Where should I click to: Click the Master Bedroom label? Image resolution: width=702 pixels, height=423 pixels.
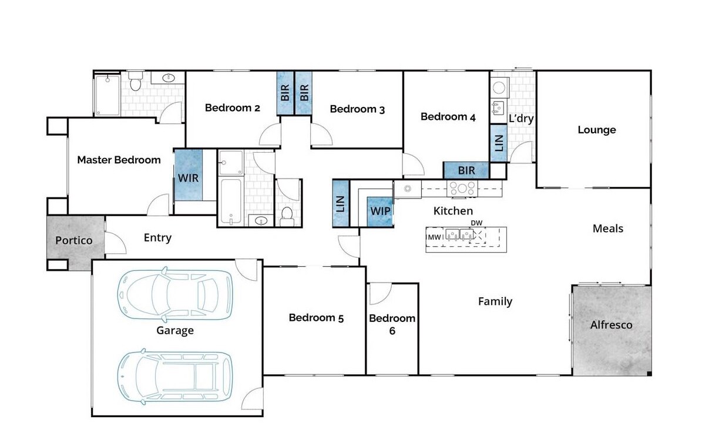point(119,160)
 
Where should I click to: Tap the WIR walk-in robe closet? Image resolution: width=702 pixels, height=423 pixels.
point(189,174)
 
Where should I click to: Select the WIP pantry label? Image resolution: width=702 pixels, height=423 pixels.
point(380,211)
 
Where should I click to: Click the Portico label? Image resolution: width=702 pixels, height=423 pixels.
point(74,240)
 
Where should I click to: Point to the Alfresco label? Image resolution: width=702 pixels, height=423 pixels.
point(611,325)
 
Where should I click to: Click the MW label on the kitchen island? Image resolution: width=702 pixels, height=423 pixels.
point(434,237)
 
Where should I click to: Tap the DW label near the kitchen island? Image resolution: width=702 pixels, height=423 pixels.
point(476,223)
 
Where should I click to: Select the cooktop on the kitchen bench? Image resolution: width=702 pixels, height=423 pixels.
point(462,188)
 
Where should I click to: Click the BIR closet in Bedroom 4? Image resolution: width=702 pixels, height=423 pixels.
point(466,170)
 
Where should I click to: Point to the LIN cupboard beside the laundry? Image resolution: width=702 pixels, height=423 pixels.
point(499,143)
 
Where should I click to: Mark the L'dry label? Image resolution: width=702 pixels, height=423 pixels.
point(521,119)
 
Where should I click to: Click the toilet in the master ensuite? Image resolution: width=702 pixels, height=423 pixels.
point(136,82)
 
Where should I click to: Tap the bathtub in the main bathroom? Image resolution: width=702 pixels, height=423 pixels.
point(231,200)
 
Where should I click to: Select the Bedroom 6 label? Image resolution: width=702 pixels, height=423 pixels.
point(392,324)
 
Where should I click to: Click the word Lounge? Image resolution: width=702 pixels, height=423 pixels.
point(597,130)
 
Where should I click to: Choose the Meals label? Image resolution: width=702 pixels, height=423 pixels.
point(608,229)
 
